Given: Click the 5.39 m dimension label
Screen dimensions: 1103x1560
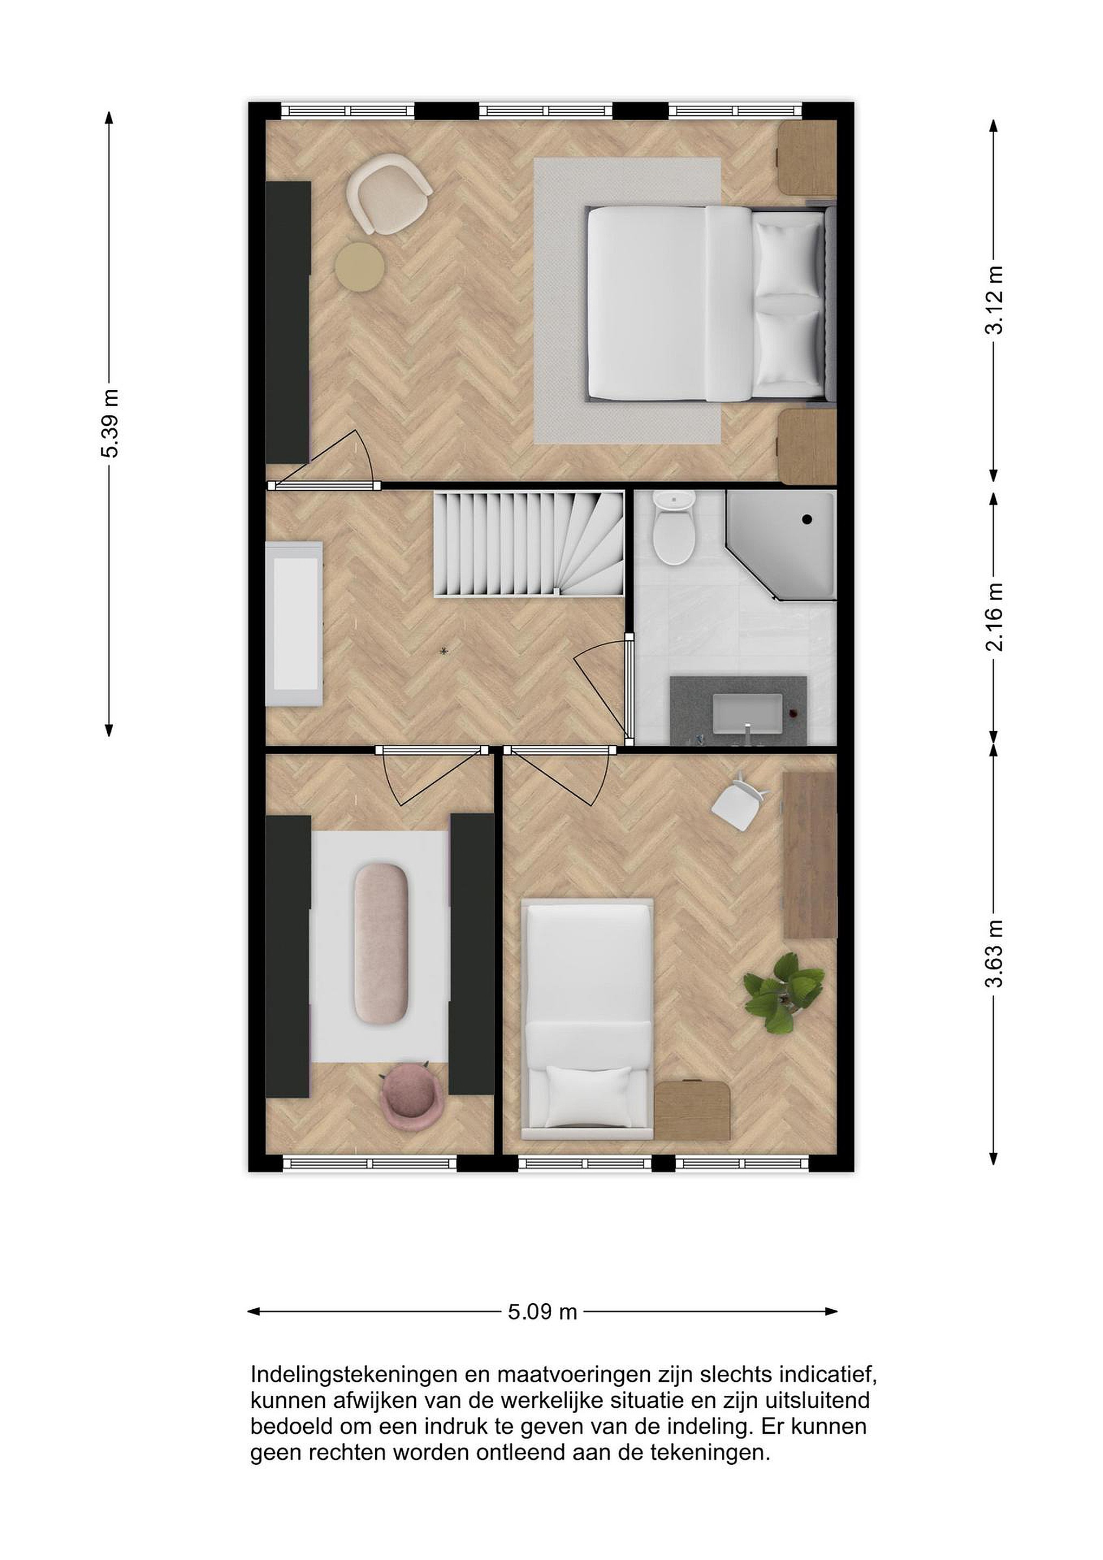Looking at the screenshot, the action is click(x=109, y=423).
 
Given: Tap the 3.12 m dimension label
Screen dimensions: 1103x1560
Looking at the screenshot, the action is click(x=994, y=300).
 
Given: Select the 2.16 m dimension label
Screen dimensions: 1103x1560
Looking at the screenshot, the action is click(x=994, y=616).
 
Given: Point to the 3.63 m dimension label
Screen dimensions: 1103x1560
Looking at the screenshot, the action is click(x=994, y=953).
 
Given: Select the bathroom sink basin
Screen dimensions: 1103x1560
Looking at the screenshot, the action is click(x=746, y=716).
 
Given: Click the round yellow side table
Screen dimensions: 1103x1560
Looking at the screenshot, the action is click(x=360, y=267).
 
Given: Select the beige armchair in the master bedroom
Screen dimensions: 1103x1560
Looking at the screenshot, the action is click(x=388, y=193).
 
